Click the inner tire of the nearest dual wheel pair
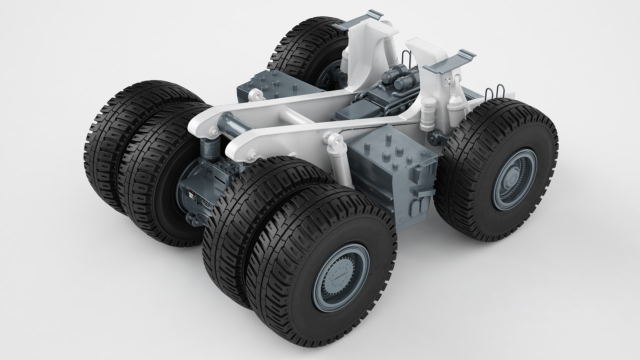tap(240, 217)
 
